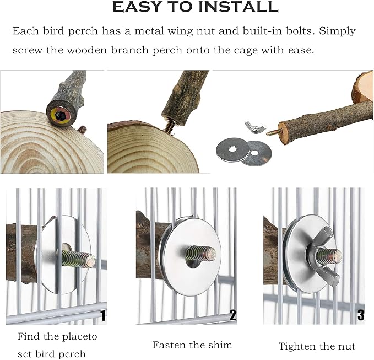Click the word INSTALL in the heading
point(239,7)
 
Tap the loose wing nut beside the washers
point(255,127)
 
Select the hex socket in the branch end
point(59,116)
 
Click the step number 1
point(103,315)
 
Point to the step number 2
point(233,315)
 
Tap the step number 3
point(361,315)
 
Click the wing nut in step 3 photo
point(324,255)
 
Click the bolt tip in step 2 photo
point(211,254)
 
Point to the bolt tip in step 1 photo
point(91,261)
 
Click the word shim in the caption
point(220,345)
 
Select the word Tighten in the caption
point(294,346)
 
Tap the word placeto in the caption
point(80,337)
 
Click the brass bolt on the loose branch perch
point(274,132)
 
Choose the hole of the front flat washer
point(231,149)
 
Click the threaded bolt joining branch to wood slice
point(170,125)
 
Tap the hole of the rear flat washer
point(254,153)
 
